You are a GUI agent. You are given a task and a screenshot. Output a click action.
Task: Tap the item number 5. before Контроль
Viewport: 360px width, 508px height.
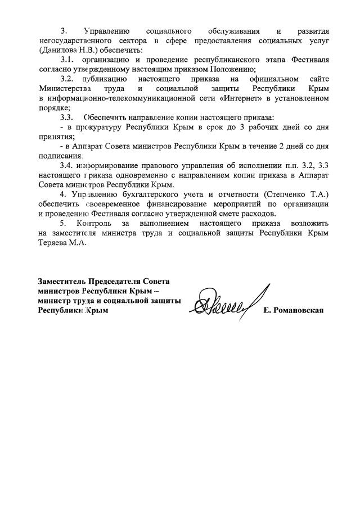click(x=64, y=223)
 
